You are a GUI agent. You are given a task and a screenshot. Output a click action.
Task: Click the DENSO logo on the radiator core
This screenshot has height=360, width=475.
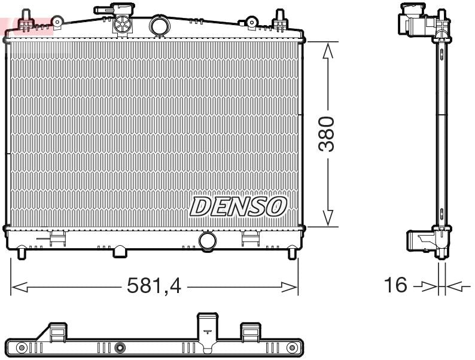[238, 206]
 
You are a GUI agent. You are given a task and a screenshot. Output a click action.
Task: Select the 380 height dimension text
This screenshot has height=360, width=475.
[327, 134]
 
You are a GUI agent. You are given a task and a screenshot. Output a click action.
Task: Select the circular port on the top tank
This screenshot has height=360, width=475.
[160, 26]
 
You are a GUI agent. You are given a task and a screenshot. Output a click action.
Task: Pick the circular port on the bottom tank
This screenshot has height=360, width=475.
[208, 241]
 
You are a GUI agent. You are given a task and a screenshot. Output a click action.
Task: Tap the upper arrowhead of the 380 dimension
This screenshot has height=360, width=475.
[327, 52]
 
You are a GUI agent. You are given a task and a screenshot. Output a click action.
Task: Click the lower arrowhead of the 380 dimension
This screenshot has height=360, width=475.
[327, 218]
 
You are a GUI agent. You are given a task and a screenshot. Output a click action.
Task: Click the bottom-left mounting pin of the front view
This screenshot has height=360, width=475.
[22, 253]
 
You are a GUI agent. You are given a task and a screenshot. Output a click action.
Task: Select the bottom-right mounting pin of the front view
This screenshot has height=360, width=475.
[292, 253]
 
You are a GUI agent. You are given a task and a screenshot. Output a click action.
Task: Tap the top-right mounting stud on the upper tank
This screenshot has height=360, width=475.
[278, 19]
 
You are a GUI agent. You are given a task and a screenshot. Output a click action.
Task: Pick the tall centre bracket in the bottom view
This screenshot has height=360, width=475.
[207, 331]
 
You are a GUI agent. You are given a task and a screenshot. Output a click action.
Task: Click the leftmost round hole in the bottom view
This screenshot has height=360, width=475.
[22, 347]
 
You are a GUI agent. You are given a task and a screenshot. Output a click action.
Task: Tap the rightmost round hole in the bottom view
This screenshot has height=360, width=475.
[291, 347]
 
